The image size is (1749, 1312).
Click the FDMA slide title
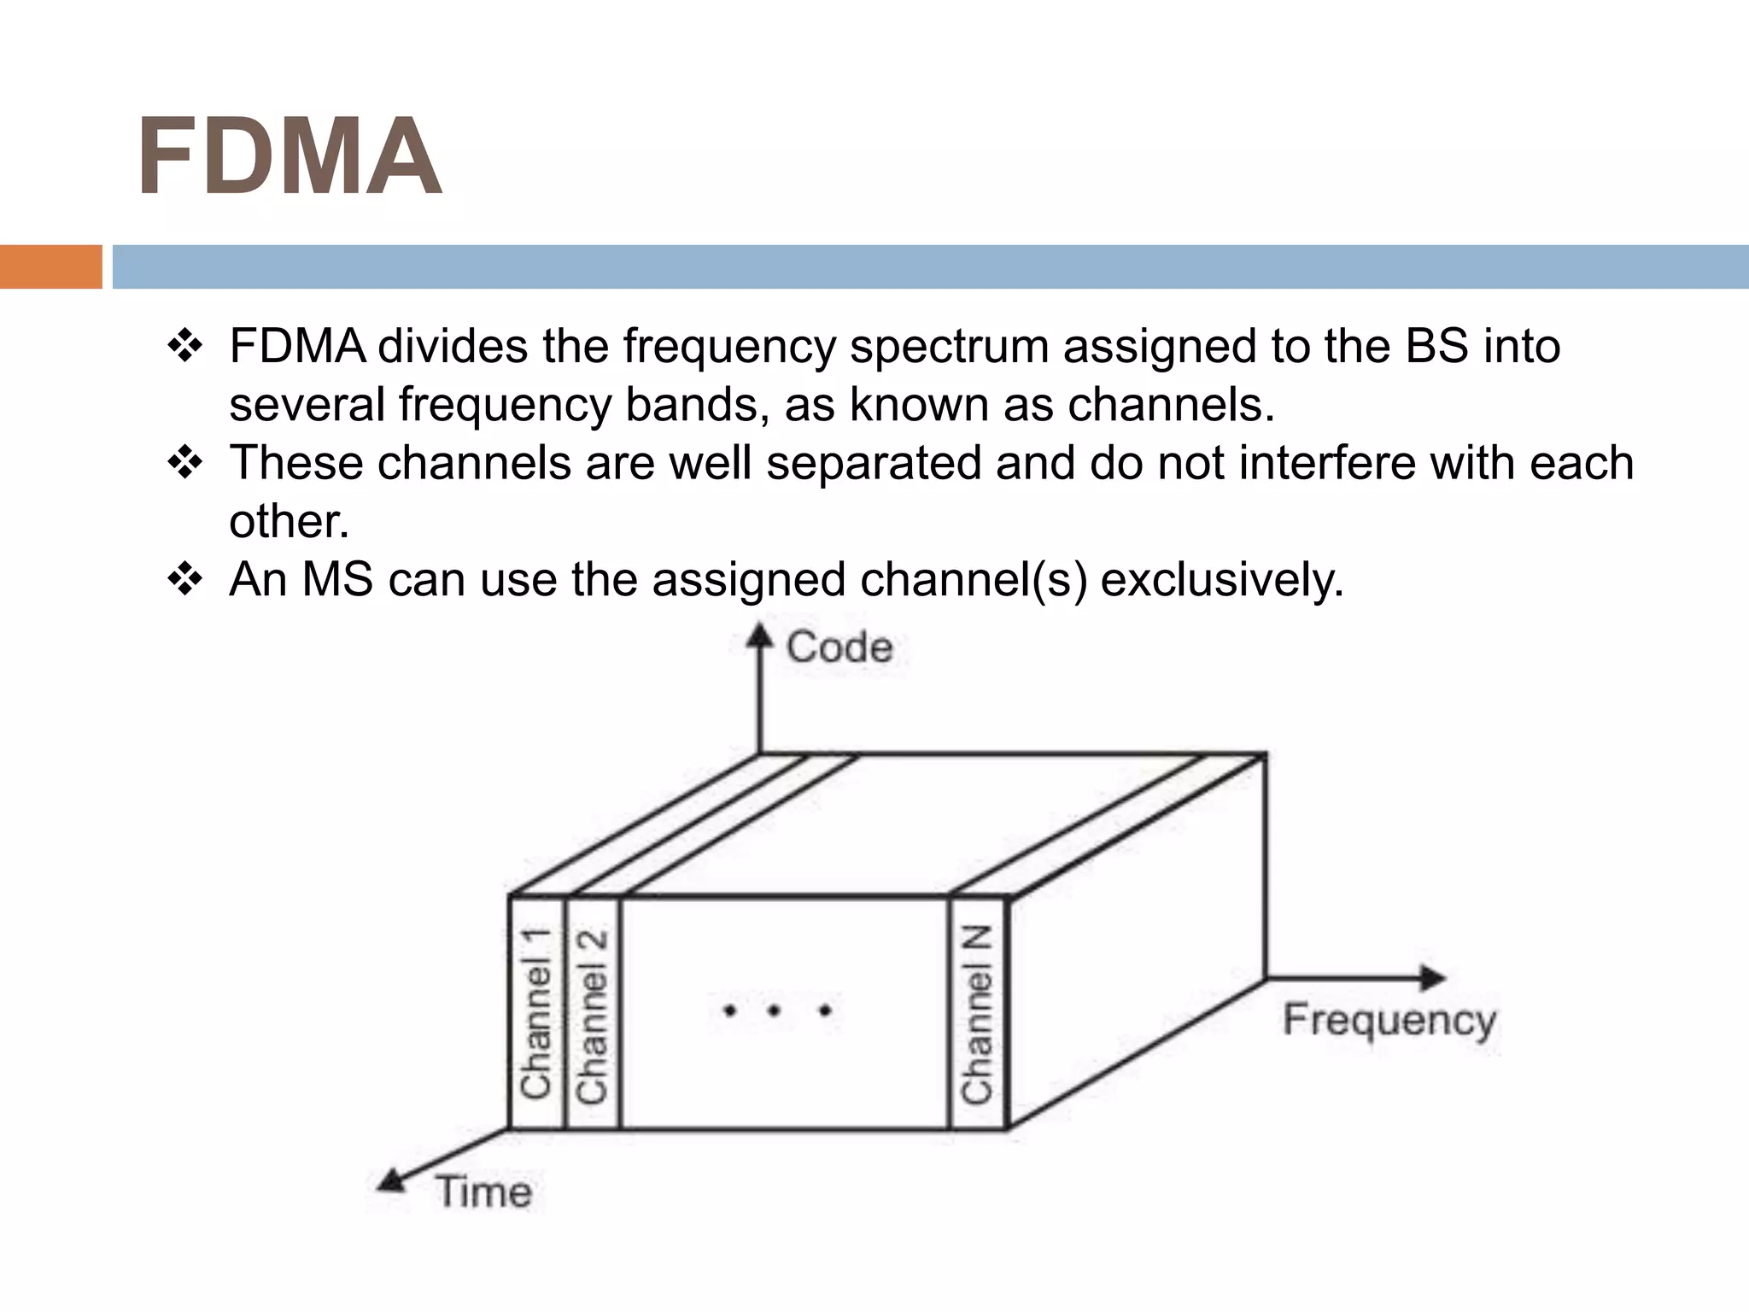289,157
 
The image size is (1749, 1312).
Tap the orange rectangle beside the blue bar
50,266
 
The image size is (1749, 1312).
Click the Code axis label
839,647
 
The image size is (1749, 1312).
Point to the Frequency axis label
1389,1021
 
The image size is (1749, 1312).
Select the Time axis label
483,1192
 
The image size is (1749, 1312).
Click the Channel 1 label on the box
536,1013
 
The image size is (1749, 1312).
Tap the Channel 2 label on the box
592,1016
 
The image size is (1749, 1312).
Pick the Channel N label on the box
977,1015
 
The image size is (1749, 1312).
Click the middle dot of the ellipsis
774,1011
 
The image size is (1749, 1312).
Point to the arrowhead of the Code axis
758,635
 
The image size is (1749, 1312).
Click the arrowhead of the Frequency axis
1435,977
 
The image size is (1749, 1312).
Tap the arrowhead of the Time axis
391,1181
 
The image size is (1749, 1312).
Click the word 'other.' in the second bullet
289,522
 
